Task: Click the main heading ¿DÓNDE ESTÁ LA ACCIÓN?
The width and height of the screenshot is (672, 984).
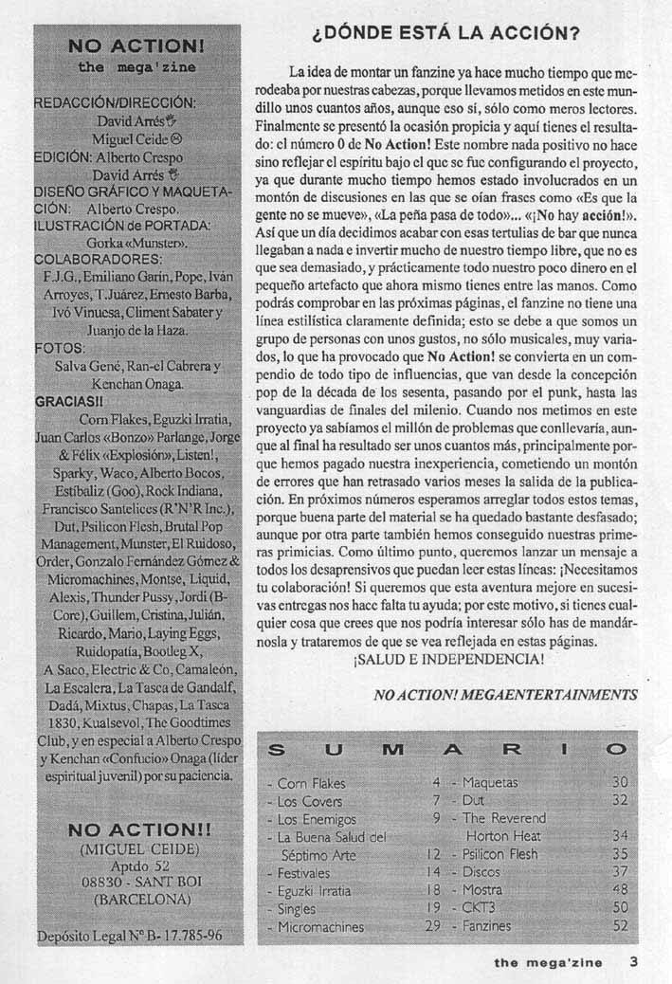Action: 445,34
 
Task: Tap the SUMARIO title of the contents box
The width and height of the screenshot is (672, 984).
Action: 447,750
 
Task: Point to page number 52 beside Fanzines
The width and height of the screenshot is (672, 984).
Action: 620,926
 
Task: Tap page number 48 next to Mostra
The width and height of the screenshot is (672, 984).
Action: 620,890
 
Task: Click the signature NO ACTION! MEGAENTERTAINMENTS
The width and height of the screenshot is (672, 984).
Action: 505,695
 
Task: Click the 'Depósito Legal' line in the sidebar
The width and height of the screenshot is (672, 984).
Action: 131,935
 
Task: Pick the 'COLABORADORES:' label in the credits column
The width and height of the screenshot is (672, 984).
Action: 98,258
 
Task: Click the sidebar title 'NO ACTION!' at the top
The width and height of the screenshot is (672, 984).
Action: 137,46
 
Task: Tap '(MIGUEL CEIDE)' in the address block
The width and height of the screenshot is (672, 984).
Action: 138,847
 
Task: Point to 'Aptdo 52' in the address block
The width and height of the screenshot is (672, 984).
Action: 139,865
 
